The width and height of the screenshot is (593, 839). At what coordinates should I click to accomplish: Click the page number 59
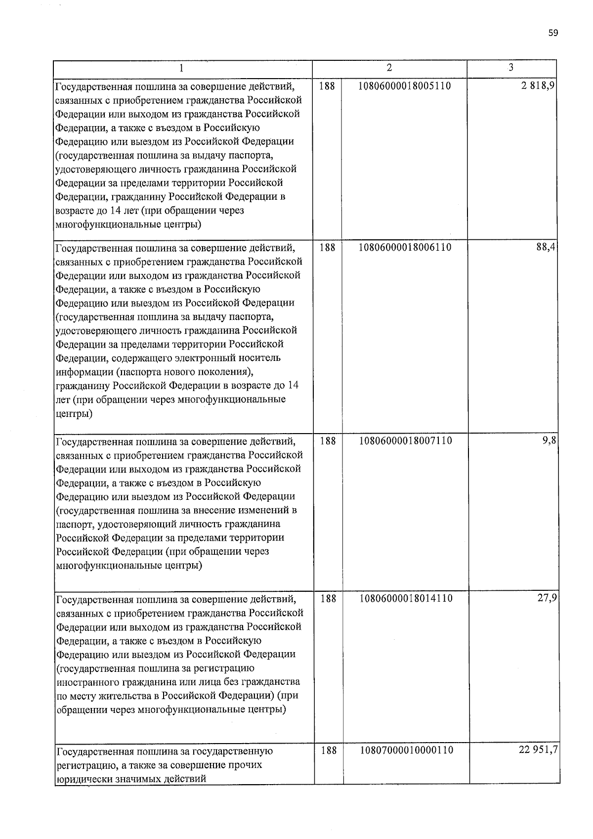pos(553,33)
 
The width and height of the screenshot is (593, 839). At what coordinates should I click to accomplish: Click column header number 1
pos(182,68)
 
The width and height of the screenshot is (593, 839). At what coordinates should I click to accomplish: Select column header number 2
pos(389,68)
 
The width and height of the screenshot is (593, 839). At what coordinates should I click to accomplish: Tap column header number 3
pos(511,68)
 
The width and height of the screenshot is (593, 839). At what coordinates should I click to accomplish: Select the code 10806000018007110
pos(405,441)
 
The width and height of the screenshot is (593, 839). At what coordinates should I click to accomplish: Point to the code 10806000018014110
pos(405,599)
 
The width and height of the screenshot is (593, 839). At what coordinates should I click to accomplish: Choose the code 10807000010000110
pos(406,750)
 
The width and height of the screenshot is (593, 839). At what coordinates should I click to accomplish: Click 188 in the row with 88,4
pos(327,247)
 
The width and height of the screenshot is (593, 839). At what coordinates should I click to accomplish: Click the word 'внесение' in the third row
pos(218,510)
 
